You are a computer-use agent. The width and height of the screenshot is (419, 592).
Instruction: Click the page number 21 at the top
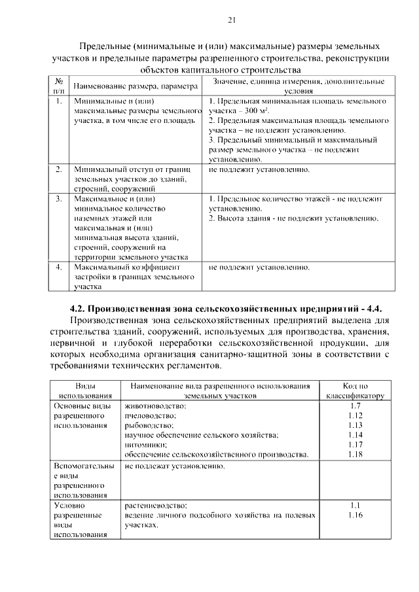[x=231, y=20]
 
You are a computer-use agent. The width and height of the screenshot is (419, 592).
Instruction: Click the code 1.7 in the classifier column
[x=355, y=406]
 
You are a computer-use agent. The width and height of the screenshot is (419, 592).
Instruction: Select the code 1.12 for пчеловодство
[x=355, y=416]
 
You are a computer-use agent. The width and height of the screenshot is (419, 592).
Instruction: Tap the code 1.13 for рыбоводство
[x=355, y=425]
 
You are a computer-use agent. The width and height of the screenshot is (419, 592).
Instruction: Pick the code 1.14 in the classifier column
[x=355, y=435]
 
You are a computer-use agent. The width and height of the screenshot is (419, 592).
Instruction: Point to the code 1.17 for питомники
[x=355, y=445]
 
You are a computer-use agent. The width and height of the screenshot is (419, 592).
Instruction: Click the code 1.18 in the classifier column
[x=355, y=455]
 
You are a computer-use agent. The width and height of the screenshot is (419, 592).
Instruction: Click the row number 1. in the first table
[x=59, y=102]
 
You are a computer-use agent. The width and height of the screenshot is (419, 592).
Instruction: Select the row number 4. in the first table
[x=59, y=267]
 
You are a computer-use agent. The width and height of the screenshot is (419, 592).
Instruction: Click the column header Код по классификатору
[x=355, y=391]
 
